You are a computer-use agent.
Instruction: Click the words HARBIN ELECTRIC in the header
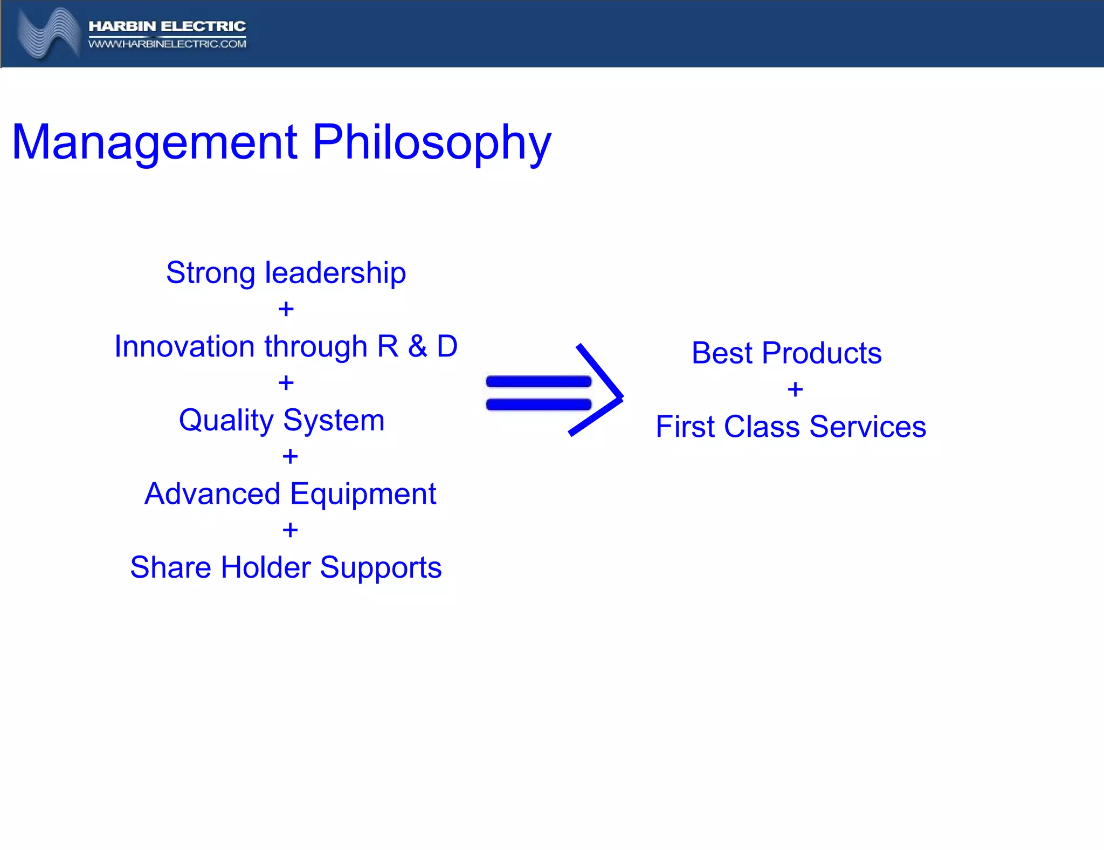pos(167,26)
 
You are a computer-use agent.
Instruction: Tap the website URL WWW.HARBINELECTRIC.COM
pos(167,44)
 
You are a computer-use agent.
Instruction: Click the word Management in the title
pos(154,142)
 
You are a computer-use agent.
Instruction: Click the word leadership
pos(335,273)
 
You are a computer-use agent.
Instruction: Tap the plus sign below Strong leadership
pos(286,310)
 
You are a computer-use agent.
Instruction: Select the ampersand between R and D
pos(417,346)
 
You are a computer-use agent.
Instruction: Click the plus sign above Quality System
pos(286,383)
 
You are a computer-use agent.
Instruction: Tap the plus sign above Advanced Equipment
pos(290,457)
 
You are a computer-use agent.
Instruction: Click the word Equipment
pos(363,494)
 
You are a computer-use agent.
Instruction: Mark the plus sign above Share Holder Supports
pos(290,531)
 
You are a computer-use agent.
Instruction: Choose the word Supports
pos(381,568)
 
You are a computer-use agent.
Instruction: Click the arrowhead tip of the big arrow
pos(621,397)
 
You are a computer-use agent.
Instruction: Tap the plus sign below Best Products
pos(795,389)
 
